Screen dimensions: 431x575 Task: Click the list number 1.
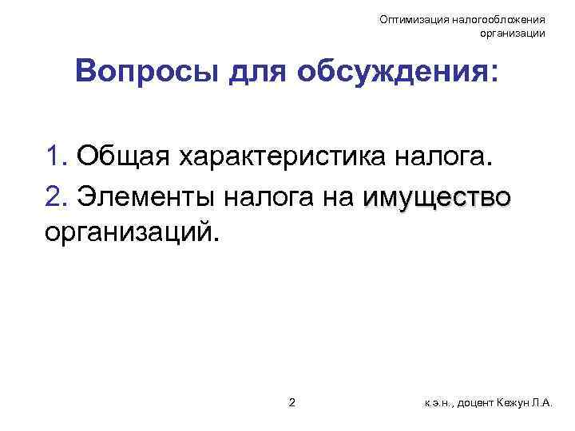[x=56, y=157]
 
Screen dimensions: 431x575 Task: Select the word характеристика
[x=284, y=157]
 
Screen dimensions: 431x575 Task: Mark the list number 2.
[x=56, y=196]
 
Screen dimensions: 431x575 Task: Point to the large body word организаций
[x=131, y=233]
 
